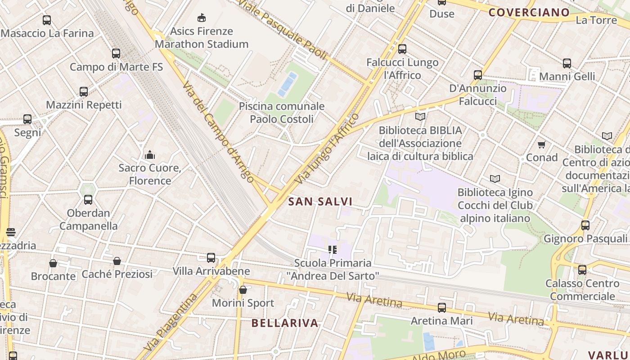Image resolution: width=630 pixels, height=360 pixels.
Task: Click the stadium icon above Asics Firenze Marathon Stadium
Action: tap(202, 18)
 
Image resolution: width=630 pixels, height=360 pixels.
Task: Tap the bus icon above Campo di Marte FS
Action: tap(116, 54)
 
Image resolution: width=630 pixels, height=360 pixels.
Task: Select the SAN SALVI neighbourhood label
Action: tap(320, 202)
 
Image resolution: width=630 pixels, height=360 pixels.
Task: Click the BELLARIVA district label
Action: tap(284, 323)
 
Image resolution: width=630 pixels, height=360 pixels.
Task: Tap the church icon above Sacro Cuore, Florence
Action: tap(150, 155)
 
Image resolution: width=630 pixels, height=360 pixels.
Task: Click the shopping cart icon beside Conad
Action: tap(542, 144)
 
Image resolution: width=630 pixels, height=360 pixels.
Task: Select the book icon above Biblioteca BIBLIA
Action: tap(420, 117)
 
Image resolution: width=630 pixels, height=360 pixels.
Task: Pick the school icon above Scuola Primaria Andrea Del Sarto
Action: tap(333, 250)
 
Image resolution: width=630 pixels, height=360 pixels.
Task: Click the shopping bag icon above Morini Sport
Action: tap(243, 290)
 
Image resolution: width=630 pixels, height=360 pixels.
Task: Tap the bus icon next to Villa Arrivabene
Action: tap(211, 258)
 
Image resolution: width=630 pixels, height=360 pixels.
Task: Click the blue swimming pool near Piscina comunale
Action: tap(287, 84)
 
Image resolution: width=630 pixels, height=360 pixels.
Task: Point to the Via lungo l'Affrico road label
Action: tap(327, 149)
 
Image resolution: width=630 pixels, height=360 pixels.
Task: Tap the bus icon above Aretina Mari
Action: tap(442, 308)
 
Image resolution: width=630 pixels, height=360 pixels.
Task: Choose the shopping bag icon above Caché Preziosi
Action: tap(117, 261)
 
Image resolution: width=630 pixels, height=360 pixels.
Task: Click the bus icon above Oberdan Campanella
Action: tap(88, 200)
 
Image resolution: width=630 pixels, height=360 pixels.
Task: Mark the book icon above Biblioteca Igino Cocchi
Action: tap(495, 179)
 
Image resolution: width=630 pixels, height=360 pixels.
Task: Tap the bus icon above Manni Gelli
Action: tap(567, 63)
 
